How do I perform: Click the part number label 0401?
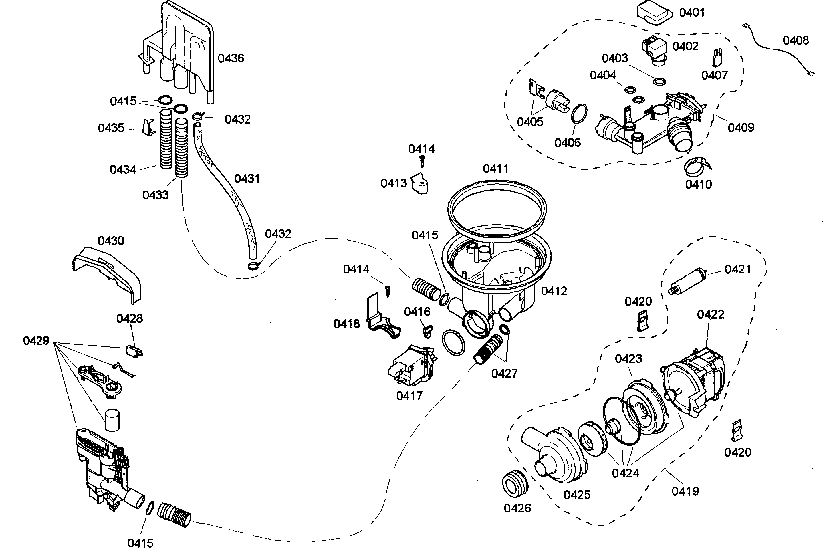[x=691, y=13]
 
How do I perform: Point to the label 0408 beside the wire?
[x=796, y=41]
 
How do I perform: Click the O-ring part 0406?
[x=579, y=114]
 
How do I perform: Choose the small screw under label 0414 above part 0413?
[x=422, y=162]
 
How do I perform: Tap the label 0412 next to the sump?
[x=554, y=291]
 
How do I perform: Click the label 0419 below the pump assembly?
[x=685, y=491]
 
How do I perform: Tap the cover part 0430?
[x=108, y=273]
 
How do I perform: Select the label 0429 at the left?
[x=36, y=341]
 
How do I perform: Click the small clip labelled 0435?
[x=148, y=127]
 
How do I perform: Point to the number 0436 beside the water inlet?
[x=231, y=58]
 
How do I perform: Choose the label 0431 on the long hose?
[x=247, y=179]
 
